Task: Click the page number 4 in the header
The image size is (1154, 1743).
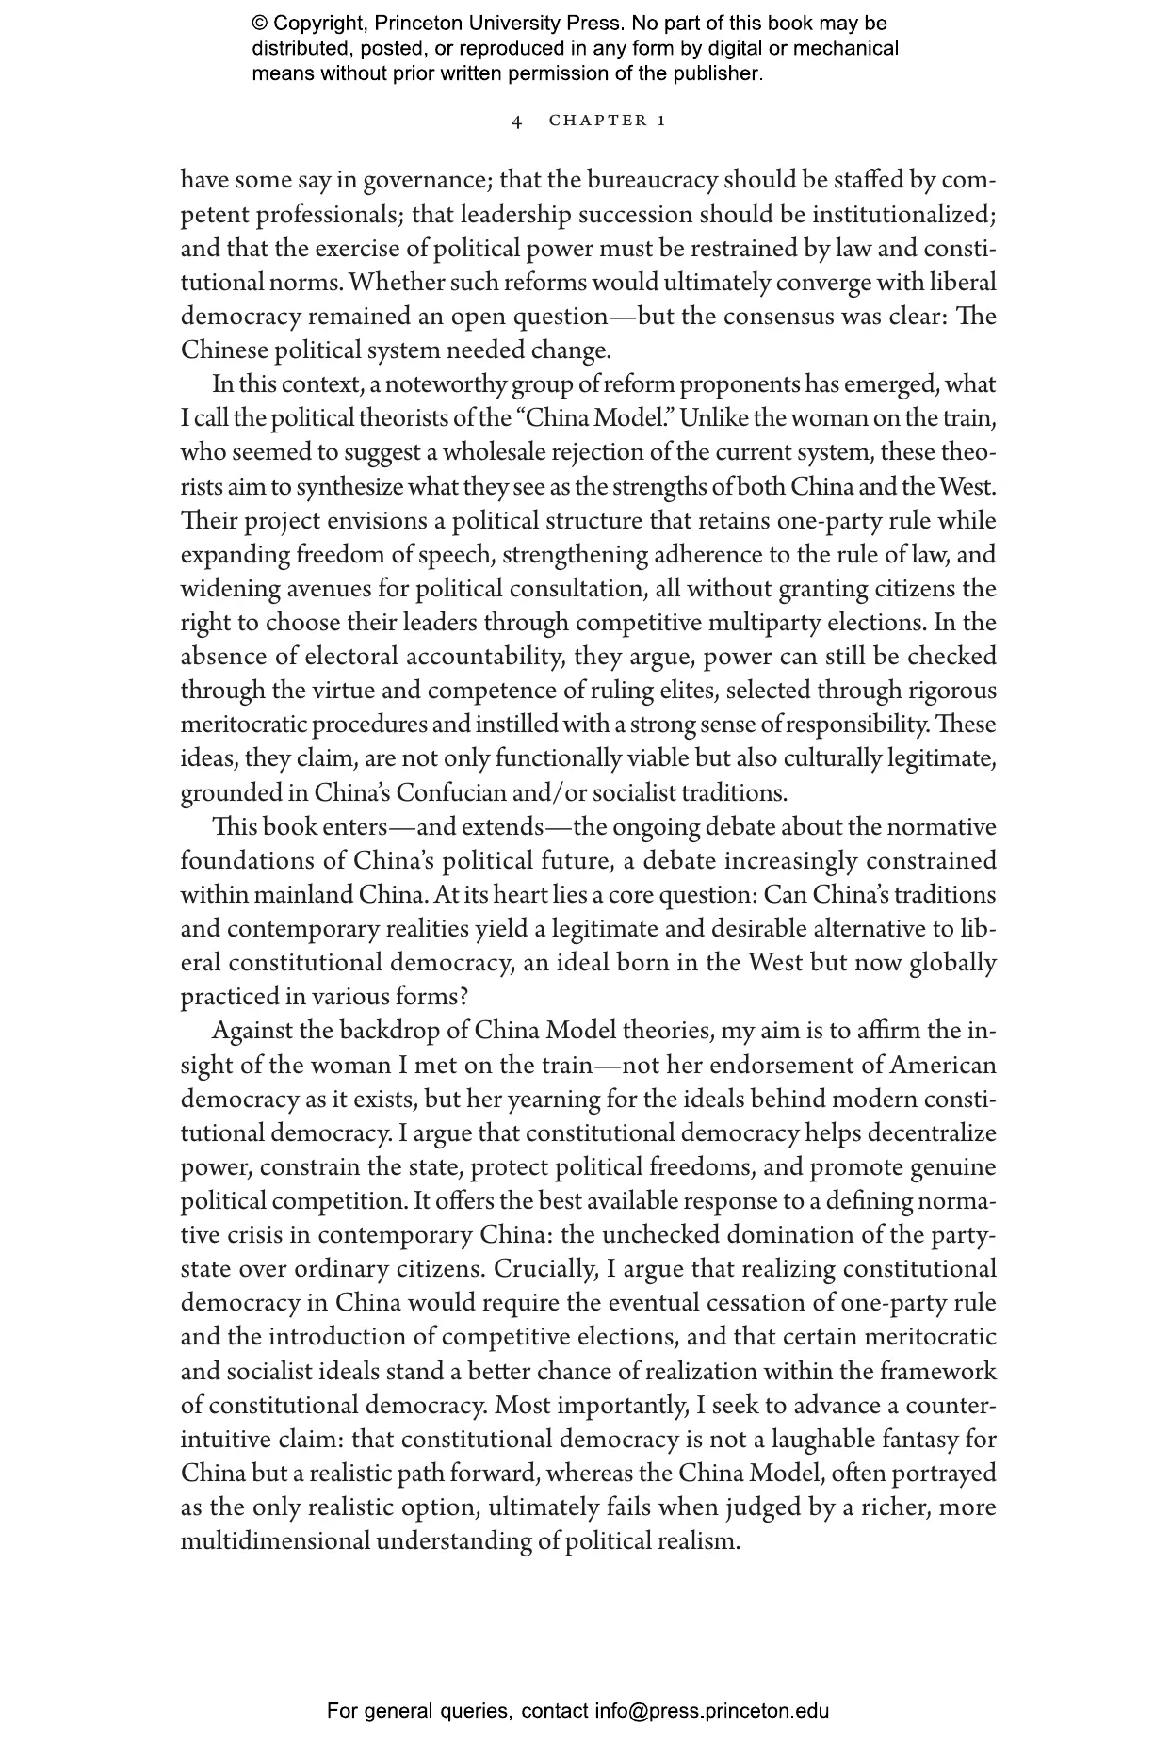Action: (x=516, y=121)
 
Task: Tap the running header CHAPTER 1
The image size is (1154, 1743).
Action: (x=608, y=121)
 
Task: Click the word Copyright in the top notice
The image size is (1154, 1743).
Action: (x=320, y=24)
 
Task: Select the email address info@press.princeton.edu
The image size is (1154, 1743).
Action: (x=711, y=1710)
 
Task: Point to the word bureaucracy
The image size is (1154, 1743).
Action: (x=654, y=180)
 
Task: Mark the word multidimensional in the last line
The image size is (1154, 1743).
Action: (x=275, y=1541)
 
